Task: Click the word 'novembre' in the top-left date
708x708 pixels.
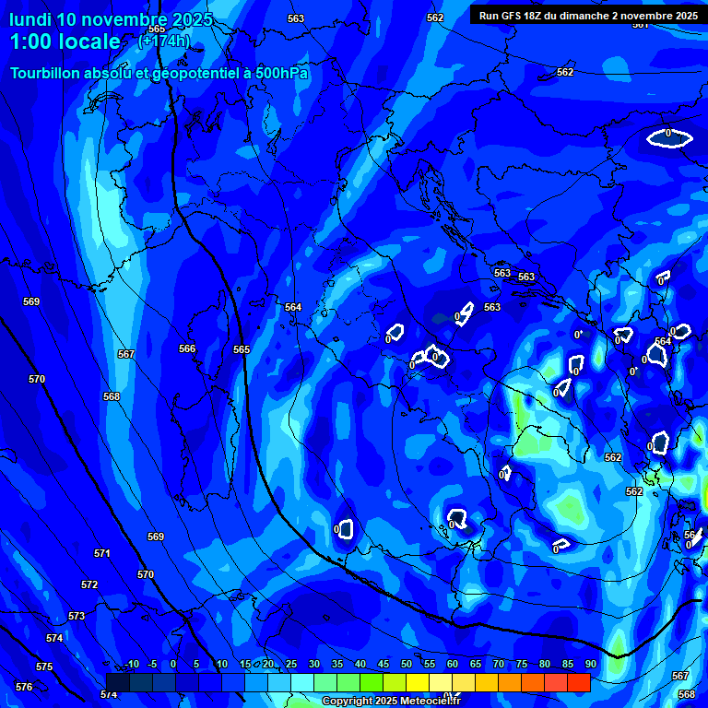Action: pos(124,19)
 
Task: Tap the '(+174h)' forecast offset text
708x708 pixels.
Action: pos(163,41)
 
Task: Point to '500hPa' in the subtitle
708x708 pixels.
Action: pos(281,73)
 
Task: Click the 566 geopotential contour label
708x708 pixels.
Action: pos(187,348)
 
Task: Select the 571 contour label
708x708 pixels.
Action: pos(101,554)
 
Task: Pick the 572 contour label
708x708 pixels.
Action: pos(88,585)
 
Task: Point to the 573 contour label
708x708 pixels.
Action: pos(77,616)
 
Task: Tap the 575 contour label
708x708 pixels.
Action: pos(44,667)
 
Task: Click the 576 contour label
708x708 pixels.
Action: pos(24,687)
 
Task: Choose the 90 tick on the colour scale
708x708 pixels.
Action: pos(590,664)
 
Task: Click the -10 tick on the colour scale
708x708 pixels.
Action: pos(131,664)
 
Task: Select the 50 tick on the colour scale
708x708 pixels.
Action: pos(407,664)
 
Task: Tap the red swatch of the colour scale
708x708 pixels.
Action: pos(579,682)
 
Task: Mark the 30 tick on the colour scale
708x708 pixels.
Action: pos(314,664)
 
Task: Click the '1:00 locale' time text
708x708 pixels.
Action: pos(65,41)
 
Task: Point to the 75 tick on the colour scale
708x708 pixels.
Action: pos(521,664)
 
